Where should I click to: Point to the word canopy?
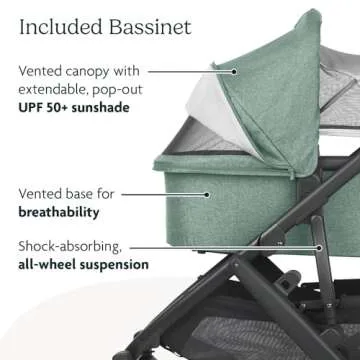(x=99, y=73)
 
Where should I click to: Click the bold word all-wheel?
(x=50, y=265)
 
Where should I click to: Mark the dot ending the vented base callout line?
(x=207, y=195)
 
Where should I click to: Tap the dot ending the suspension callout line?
(x=318, y=246)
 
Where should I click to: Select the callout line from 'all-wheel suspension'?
(x=240, y=246)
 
